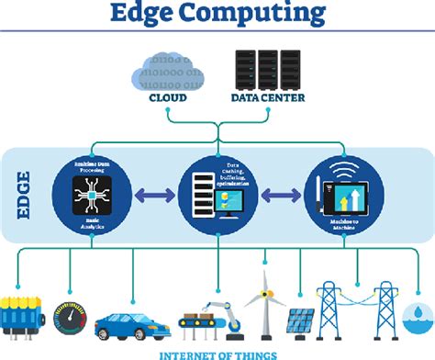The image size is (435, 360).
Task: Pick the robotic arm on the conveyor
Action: pyautogui.click(x=229, y=307)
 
